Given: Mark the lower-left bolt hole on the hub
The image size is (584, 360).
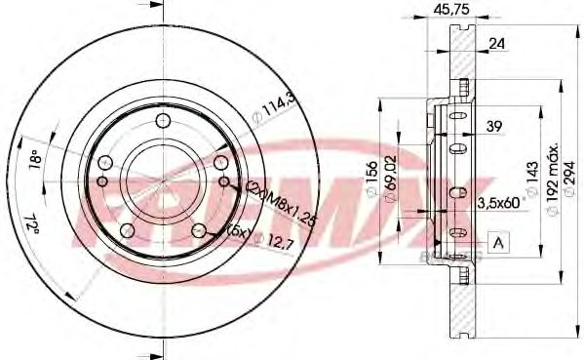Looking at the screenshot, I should coord(129,229).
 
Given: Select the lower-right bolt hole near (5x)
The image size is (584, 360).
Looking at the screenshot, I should coord(200,230).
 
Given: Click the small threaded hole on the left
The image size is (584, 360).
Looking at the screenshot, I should coord(101,180).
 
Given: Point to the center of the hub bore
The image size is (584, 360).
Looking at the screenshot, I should coord(165,180).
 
